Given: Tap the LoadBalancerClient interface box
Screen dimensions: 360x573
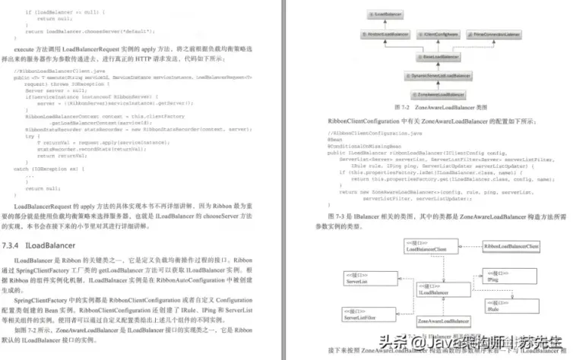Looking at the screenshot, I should pos(432,246).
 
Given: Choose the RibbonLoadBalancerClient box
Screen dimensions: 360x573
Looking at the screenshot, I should pos(512,247).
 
